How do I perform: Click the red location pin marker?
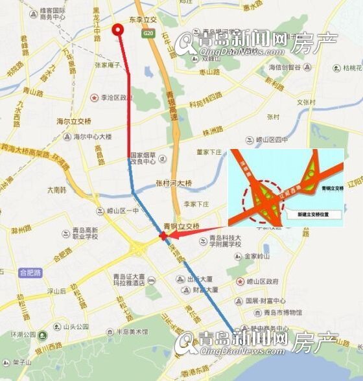(x=118, y=30)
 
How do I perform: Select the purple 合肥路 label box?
(x=30, y=273)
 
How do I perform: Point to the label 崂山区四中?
(x=272, y=140)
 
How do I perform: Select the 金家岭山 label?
(x=261, y=257)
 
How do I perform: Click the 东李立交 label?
(x=143, y=20)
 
